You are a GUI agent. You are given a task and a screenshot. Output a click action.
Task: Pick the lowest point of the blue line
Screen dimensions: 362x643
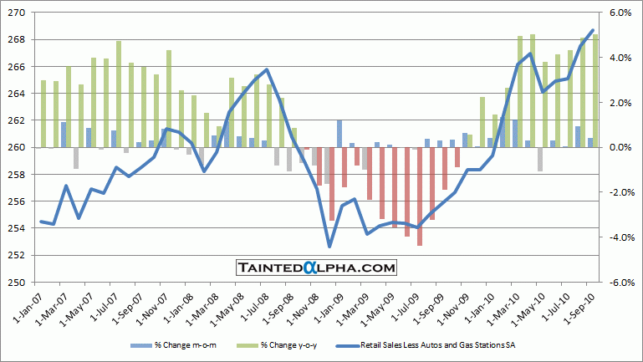point(329,247)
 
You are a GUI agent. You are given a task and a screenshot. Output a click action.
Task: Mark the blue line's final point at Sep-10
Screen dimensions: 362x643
point(593,30)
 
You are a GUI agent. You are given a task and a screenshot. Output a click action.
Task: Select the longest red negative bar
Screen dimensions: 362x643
point(420,196)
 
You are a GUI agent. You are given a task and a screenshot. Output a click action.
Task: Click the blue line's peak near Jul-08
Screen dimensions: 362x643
point(266,69)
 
